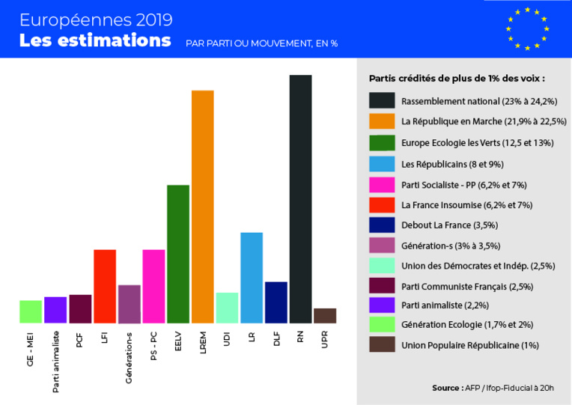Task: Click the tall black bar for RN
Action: point(300,198)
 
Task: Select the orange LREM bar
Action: point(203,206)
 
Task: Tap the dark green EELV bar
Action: point(178,253)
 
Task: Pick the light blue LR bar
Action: point(252,277)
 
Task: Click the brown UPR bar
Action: point(325,315)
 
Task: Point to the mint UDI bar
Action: point(227,307)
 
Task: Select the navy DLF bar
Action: point(276,302)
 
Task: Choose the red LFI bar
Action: point(105,286)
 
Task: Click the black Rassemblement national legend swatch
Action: point(382,100)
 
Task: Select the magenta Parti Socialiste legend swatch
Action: point(382,183)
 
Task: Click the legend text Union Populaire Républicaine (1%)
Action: point(470,345)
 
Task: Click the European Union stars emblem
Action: point(527,28)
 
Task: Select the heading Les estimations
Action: point(95,40)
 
